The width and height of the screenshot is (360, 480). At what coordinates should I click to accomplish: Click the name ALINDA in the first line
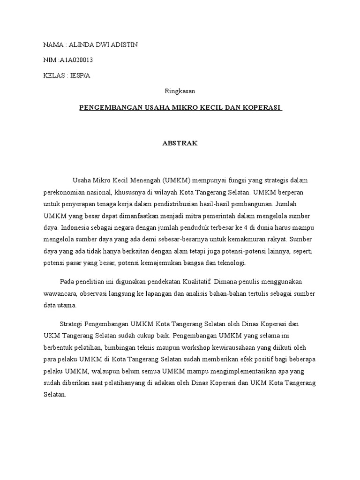[80, 45]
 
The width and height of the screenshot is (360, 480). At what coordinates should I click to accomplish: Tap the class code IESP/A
[80, 75]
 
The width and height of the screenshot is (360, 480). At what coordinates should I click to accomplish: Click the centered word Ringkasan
[180, 91]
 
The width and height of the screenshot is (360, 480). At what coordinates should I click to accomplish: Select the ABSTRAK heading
[180, 144]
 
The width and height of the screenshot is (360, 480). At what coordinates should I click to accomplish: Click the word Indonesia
[76, 227]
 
